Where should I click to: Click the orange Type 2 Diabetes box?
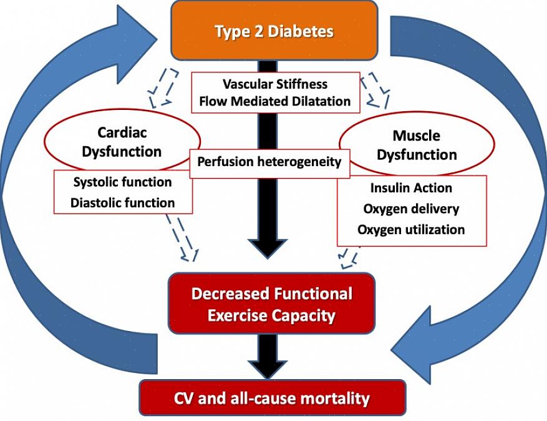274,31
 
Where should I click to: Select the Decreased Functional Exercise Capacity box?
271,304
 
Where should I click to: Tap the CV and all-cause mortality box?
271,398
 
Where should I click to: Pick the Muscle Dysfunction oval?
416,145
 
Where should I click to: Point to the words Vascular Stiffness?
275,84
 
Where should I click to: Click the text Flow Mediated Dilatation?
275,101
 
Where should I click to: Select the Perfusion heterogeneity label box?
269,162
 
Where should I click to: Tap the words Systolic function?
122,182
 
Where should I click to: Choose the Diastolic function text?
122,202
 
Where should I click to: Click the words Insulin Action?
411,188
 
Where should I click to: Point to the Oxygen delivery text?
411,209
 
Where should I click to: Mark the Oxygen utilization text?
411,229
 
